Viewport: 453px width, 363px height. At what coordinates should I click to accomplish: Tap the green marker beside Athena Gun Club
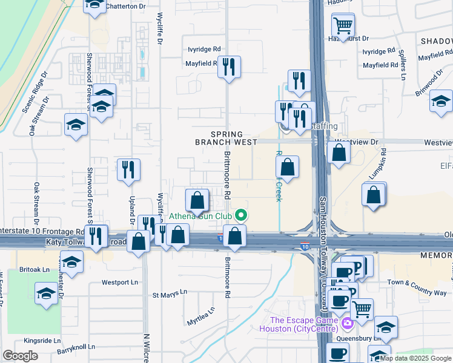pos(242,215)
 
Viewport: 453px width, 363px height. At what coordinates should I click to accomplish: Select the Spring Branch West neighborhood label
pos(219,138)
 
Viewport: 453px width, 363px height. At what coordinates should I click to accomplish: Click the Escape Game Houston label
pos(302,324)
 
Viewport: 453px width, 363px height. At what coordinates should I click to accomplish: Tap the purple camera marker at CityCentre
pos(347,324)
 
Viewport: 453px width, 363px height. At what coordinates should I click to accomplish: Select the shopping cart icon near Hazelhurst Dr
pos(343,26)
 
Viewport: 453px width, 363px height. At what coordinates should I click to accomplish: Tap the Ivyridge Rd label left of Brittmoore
pos(203,50)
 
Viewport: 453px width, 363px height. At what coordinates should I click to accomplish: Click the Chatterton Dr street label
pos(126,6)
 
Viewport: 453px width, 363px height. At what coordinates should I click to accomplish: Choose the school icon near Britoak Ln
pos(71,263)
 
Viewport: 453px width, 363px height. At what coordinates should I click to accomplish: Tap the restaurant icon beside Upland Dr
pos(128,169)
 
